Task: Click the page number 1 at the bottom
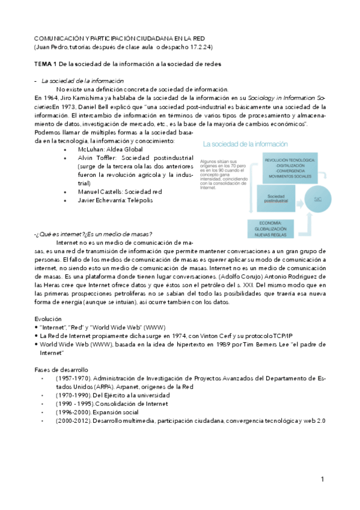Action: click(323, 479)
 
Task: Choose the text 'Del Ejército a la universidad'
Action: click(132, 395)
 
